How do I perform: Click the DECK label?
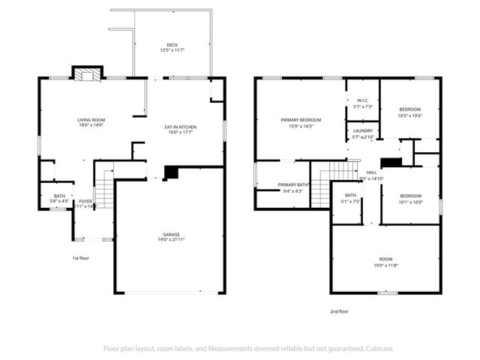[x=172, y=45]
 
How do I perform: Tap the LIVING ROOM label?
[x=91, y=120]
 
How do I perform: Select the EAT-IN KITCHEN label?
[x=181, y=127]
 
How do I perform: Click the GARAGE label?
[x=172, y=234]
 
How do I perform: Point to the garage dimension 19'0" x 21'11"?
[x=172, y=240]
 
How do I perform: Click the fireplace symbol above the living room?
[x=85, y=73]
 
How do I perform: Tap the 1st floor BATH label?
[x=59, y=196]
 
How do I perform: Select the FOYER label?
[x=85, y=201]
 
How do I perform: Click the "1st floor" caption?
[x=81, y=258]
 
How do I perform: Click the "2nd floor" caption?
[x=339, y=310]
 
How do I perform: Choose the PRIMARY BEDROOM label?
[x=301, y=120]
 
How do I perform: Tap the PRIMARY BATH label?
[x=293, y=184]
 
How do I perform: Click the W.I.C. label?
[x=362, y=100]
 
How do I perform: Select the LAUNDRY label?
[x=363, y=130]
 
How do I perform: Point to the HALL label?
[x=372, y=172]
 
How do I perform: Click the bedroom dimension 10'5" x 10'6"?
[x=409, y=115]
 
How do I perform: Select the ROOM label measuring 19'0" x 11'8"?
[x=385, y=259]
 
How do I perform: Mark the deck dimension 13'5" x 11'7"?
[x=172, y=50]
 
